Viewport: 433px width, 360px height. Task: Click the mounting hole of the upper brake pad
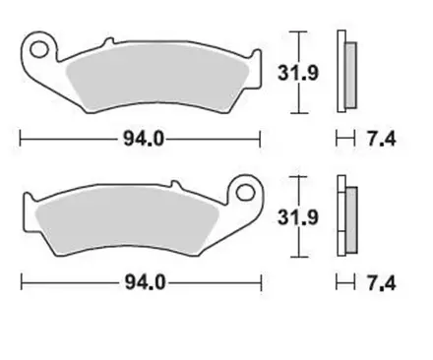[40, 48]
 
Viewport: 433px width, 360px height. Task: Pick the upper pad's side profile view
[345, 71]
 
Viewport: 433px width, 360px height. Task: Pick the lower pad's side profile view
[345, 214]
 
